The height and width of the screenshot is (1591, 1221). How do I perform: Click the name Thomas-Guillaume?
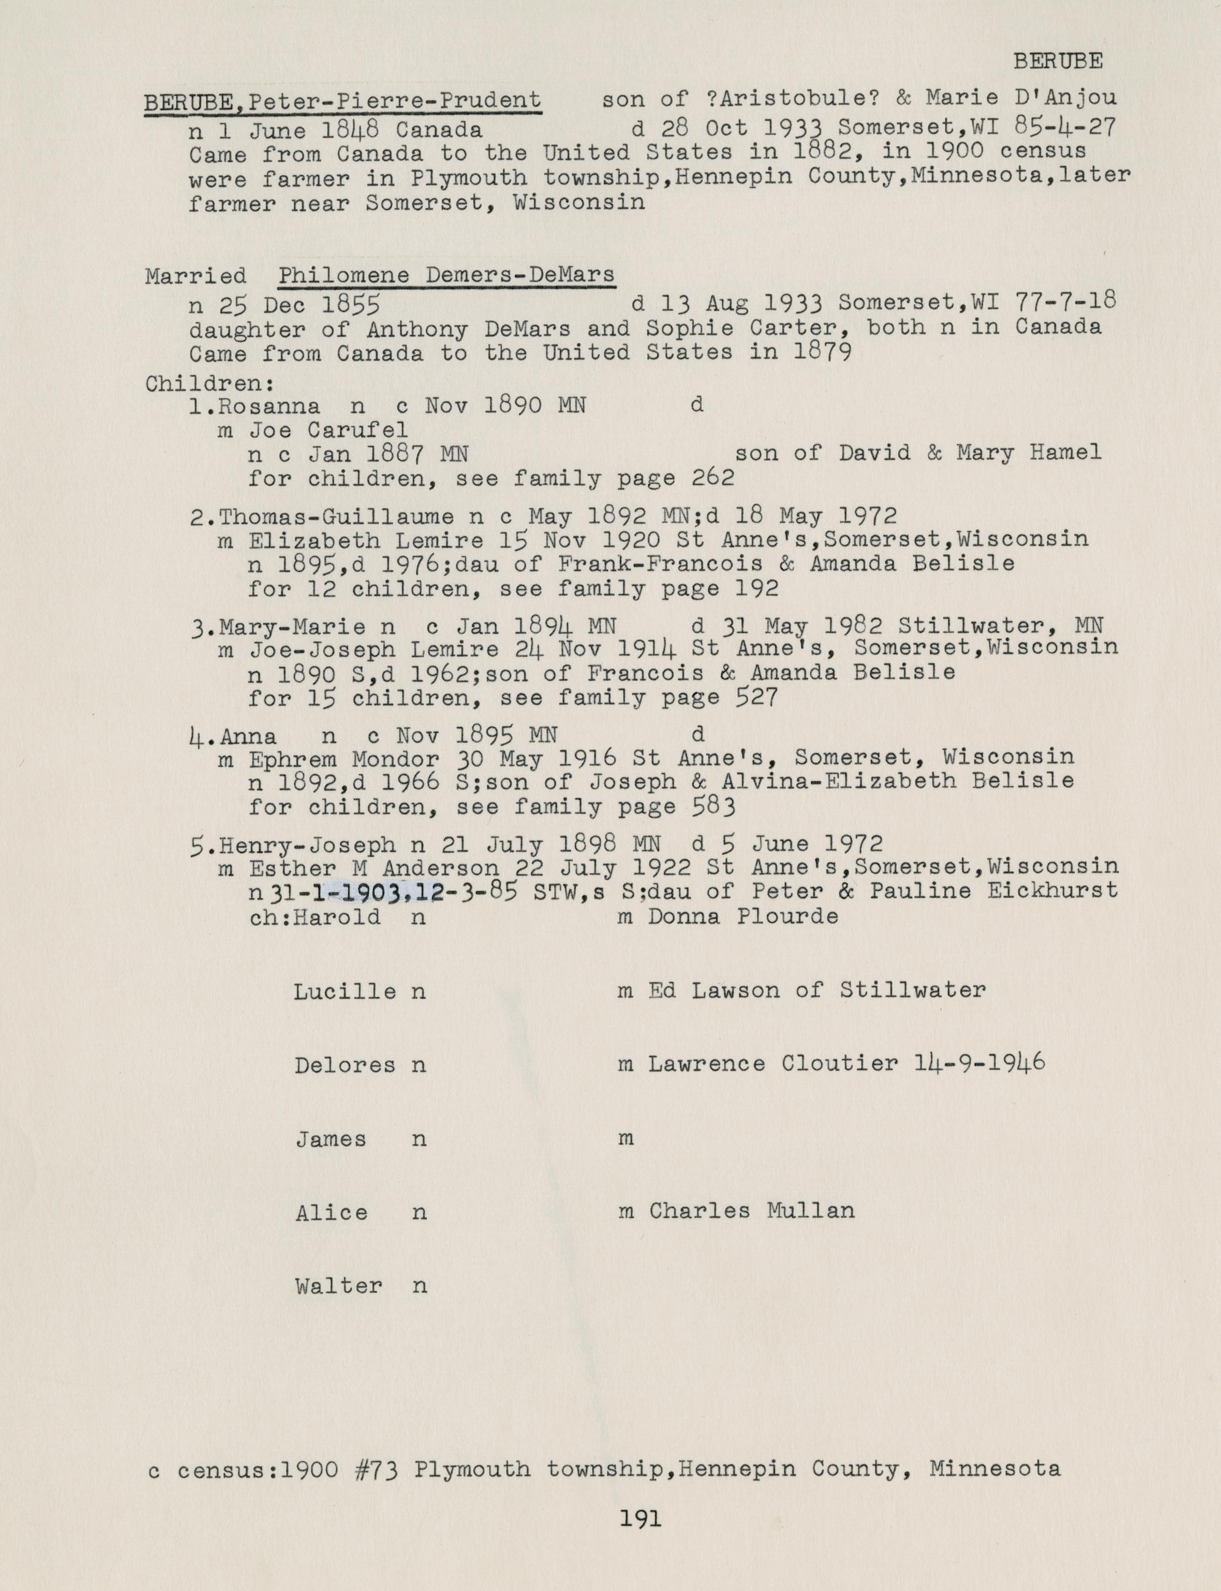(336, 517)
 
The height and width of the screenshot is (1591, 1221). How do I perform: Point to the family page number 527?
(756, 698)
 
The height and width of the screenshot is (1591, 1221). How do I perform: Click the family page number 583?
(714, 807)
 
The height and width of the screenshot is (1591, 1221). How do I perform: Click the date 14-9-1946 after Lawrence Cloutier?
(979, 1063)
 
